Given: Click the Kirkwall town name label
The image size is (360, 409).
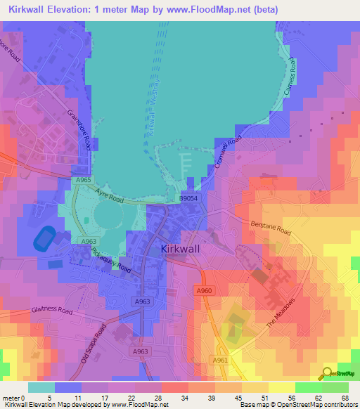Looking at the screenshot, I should [x=185, y=249].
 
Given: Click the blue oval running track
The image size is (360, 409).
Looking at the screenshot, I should [x=44, y=239].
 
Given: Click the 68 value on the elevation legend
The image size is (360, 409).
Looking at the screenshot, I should [x=344, y=397].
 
